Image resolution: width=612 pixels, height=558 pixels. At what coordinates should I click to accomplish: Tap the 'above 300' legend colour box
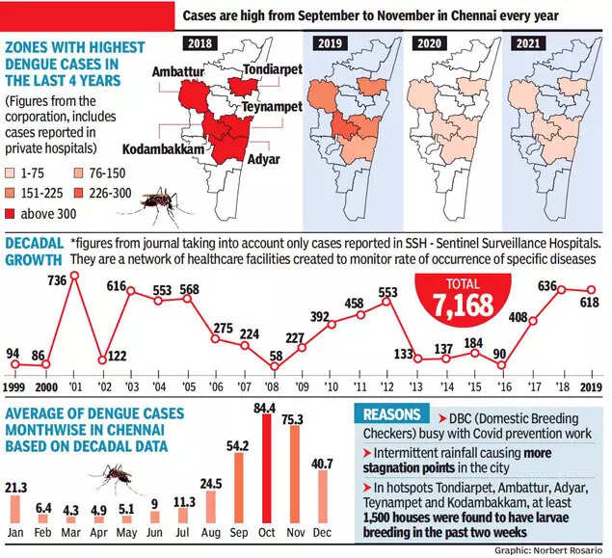(12, 212)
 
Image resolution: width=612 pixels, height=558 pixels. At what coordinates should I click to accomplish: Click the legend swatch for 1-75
(12, 173)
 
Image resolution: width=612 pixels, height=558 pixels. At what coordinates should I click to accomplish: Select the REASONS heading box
(391, 414)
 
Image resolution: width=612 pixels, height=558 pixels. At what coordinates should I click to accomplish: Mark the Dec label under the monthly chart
(322, 531)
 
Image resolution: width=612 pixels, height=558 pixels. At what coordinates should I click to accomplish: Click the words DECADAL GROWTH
(34, 249)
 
